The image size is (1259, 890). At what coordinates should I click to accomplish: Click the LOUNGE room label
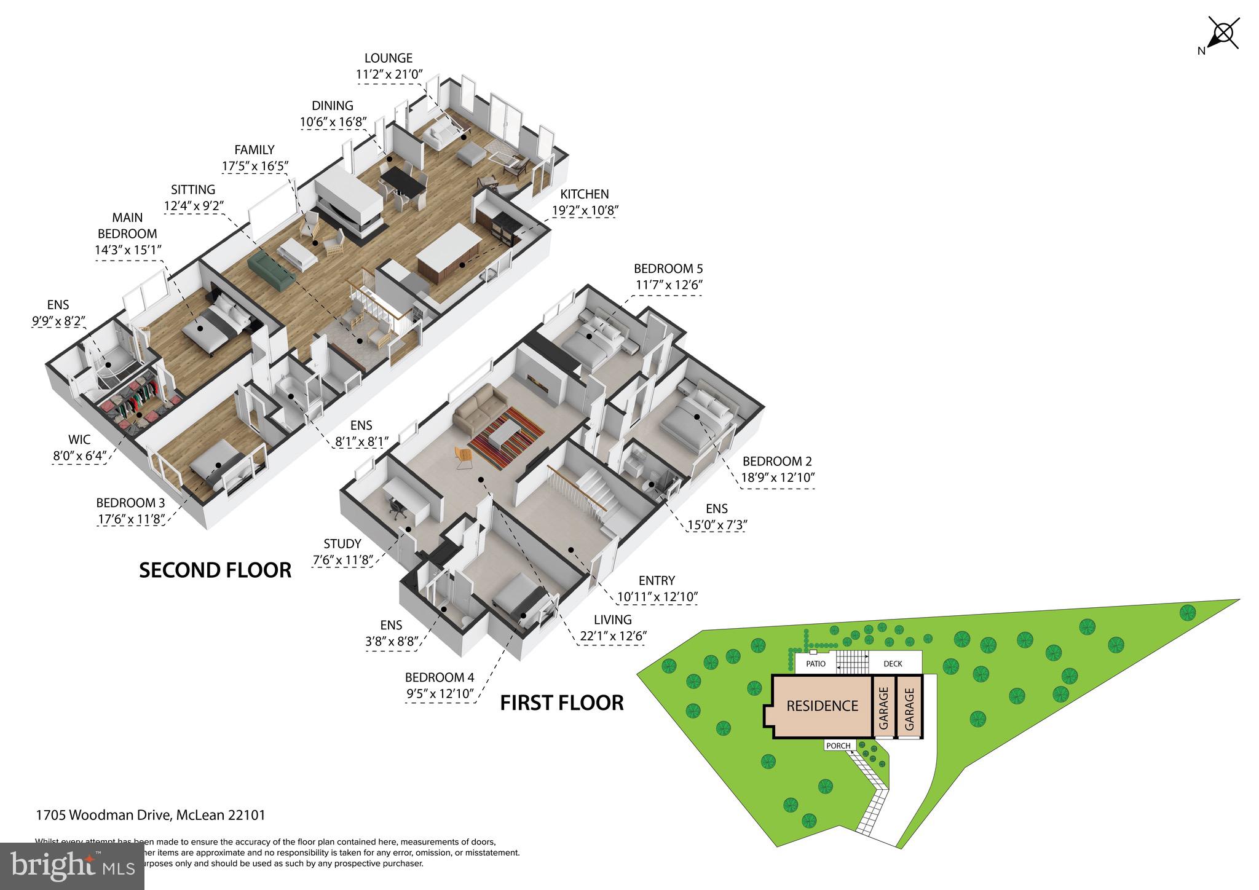[388, 58]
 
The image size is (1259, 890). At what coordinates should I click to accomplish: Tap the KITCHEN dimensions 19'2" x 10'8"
[584, 210]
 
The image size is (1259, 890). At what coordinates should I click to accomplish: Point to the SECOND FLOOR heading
[215, 570]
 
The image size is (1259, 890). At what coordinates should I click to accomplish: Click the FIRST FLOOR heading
[561, 703]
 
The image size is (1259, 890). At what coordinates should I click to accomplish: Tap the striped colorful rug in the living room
[505, 439]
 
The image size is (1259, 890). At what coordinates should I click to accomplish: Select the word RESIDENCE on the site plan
[822, 706]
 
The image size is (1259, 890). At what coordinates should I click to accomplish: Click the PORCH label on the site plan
[839, 746]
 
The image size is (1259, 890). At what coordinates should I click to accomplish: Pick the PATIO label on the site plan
[816, 664]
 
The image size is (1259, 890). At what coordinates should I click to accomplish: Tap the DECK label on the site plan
[893, 664]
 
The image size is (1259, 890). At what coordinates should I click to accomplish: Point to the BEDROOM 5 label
[668, 269]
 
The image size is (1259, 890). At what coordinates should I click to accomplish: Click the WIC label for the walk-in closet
[79, 439]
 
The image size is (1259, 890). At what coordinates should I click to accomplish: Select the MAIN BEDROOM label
[127, 226]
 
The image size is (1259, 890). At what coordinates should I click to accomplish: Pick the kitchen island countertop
[448, 253]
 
